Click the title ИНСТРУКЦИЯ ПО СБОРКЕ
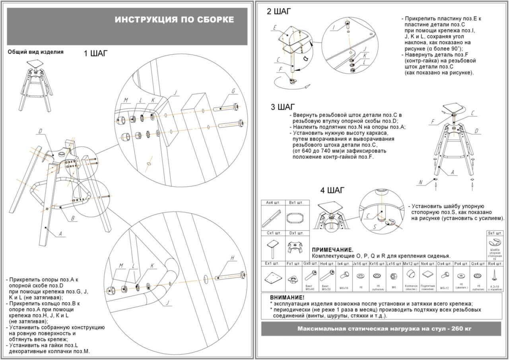click(174, 20)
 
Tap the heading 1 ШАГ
click(95, 54)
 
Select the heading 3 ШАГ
click(283, 107)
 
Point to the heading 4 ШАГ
click(333, 190)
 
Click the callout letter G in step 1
click(233, 91)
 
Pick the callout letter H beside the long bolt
click(232, 258)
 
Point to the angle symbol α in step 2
click(305, 58)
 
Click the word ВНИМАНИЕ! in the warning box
click(287, 298)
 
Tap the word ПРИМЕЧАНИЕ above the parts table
click(332, 250)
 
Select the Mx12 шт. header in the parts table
click(411, 263)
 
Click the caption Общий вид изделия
click(35, 52)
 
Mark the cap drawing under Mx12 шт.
click(411, 275)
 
